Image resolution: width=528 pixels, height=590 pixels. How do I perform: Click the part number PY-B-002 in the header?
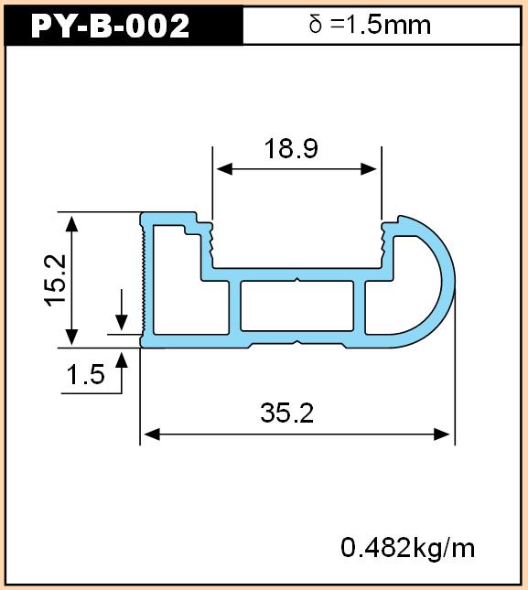[x=110, y=26]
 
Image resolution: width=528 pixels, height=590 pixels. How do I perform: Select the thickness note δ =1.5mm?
[x=370, y=25]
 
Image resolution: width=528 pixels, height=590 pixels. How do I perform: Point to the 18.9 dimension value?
[x=291, y=148]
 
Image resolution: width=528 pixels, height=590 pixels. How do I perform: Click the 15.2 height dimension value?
[x=56, y=280]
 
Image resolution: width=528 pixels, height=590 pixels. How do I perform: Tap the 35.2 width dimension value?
[x=286, y=413]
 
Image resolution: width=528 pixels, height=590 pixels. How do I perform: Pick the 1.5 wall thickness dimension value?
[x=85, y=374]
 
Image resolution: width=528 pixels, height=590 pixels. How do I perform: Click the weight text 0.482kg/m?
[x=407, y=548]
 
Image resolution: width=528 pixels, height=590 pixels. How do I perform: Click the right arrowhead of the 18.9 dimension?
[x=369, y=169]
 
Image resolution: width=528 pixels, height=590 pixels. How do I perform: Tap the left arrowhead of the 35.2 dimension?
[x=152, y=434]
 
